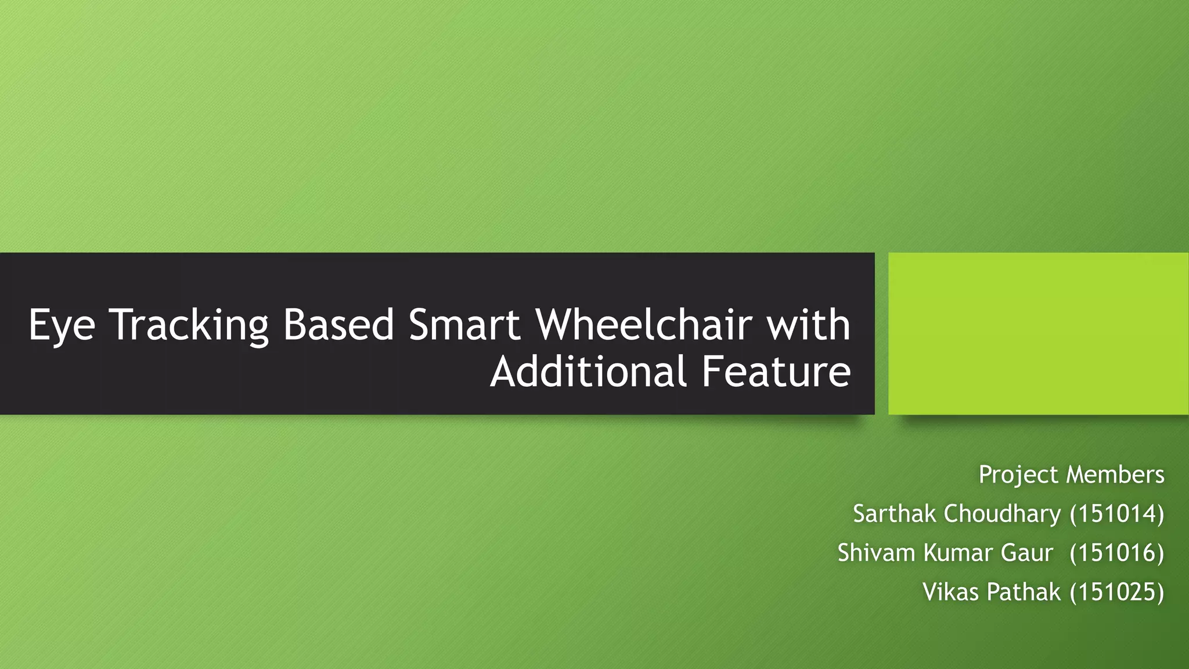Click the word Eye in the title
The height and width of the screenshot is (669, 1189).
pos(62,326)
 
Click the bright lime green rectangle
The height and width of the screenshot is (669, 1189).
pos(1038,333)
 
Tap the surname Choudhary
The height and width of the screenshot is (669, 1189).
pos(1003,514)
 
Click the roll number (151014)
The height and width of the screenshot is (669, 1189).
pos(1116,514)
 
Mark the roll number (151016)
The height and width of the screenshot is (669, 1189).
pos(1116,553)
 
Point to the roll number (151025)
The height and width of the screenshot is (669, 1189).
pos(1116,592)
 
